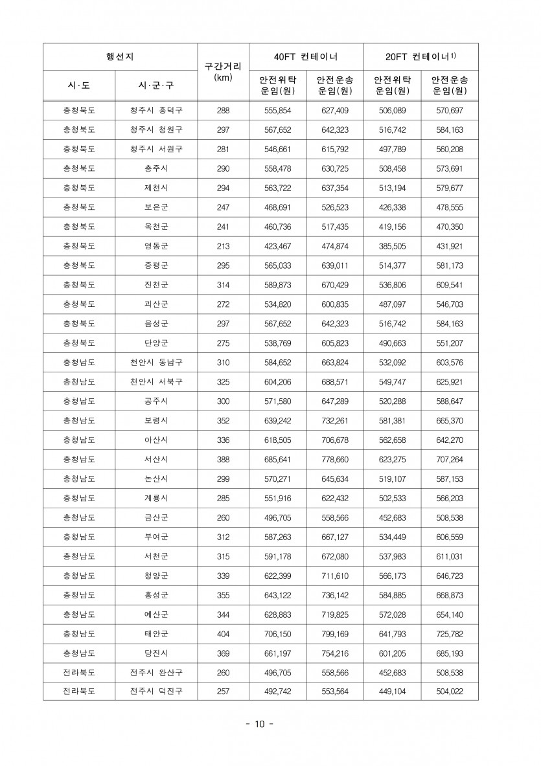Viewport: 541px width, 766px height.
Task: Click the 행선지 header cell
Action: [x=120, y=56]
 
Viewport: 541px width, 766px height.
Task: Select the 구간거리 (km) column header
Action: [x=222, y=71]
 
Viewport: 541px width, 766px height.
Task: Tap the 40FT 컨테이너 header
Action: [x=306, y=56]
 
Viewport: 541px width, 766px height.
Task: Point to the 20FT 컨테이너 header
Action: [x=420, y=56]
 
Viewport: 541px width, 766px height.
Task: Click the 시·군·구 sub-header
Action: [x=156, y=85]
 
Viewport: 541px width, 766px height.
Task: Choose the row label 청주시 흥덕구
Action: [x=156, y=111]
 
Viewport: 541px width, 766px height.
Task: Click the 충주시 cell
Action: [x=156, y=169]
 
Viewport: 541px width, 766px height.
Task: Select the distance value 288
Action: [x=223, y=111]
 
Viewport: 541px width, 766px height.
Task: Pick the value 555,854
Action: [x=278, y=111]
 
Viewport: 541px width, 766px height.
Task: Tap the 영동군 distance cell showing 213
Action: [x=223, y=246]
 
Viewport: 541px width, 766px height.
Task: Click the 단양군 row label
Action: [x=156, y=343]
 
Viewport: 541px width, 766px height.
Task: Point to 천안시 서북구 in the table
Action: [x=156, y=381]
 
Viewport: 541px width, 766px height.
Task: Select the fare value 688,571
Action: [x=335, y=381]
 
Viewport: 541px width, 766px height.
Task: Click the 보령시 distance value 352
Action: [x=223, y=420]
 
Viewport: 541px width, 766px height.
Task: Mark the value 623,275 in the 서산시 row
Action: [x=392, y=459]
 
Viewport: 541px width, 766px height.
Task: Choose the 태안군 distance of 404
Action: [x=223, y=633]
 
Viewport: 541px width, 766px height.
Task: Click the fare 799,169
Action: [x=335, y=633]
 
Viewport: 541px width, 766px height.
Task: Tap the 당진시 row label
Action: [x=156, y=653]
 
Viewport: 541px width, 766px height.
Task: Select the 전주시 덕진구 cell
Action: [x=156, y=691]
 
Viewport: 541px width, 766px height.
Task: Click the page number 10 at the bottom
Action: [x=259, y=724]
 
